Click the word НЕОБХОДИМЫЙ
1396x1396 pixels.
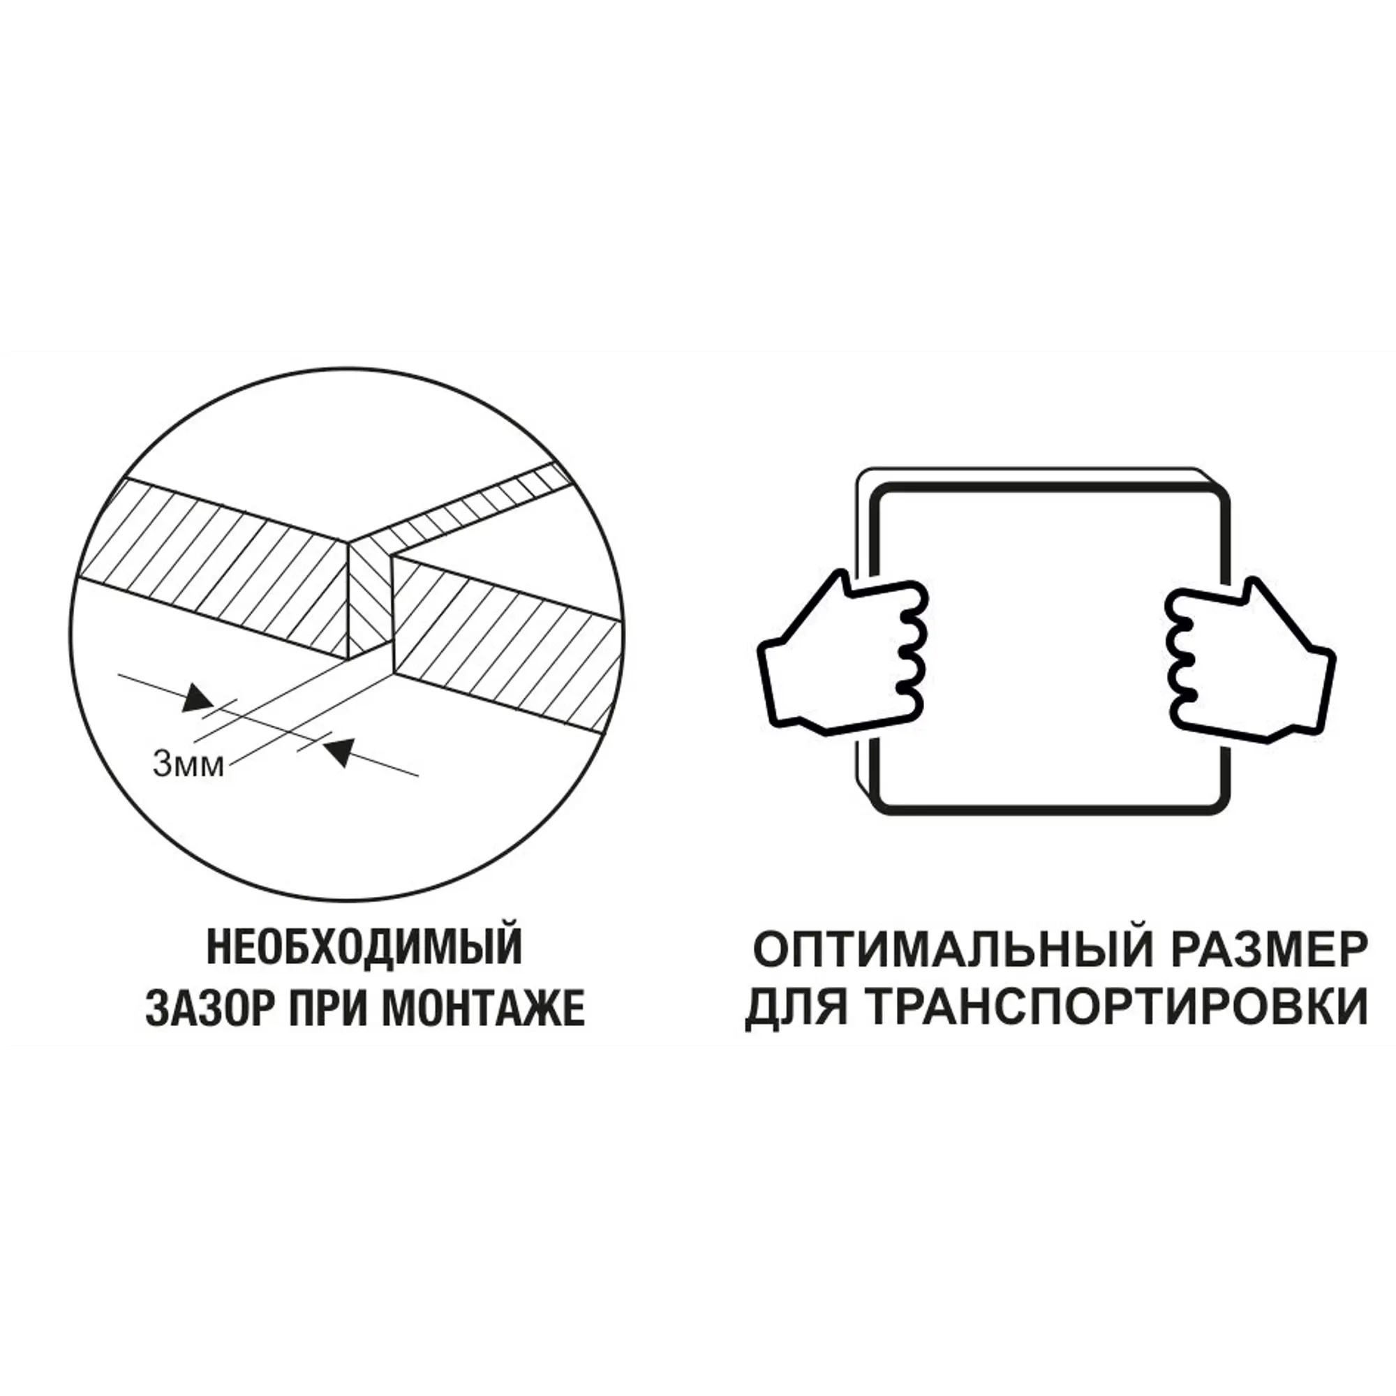(365, 948)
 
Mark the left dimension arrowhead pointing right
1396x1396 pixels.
(197, 699)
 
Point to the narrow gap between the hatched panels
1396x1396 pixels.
(371, 600)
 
